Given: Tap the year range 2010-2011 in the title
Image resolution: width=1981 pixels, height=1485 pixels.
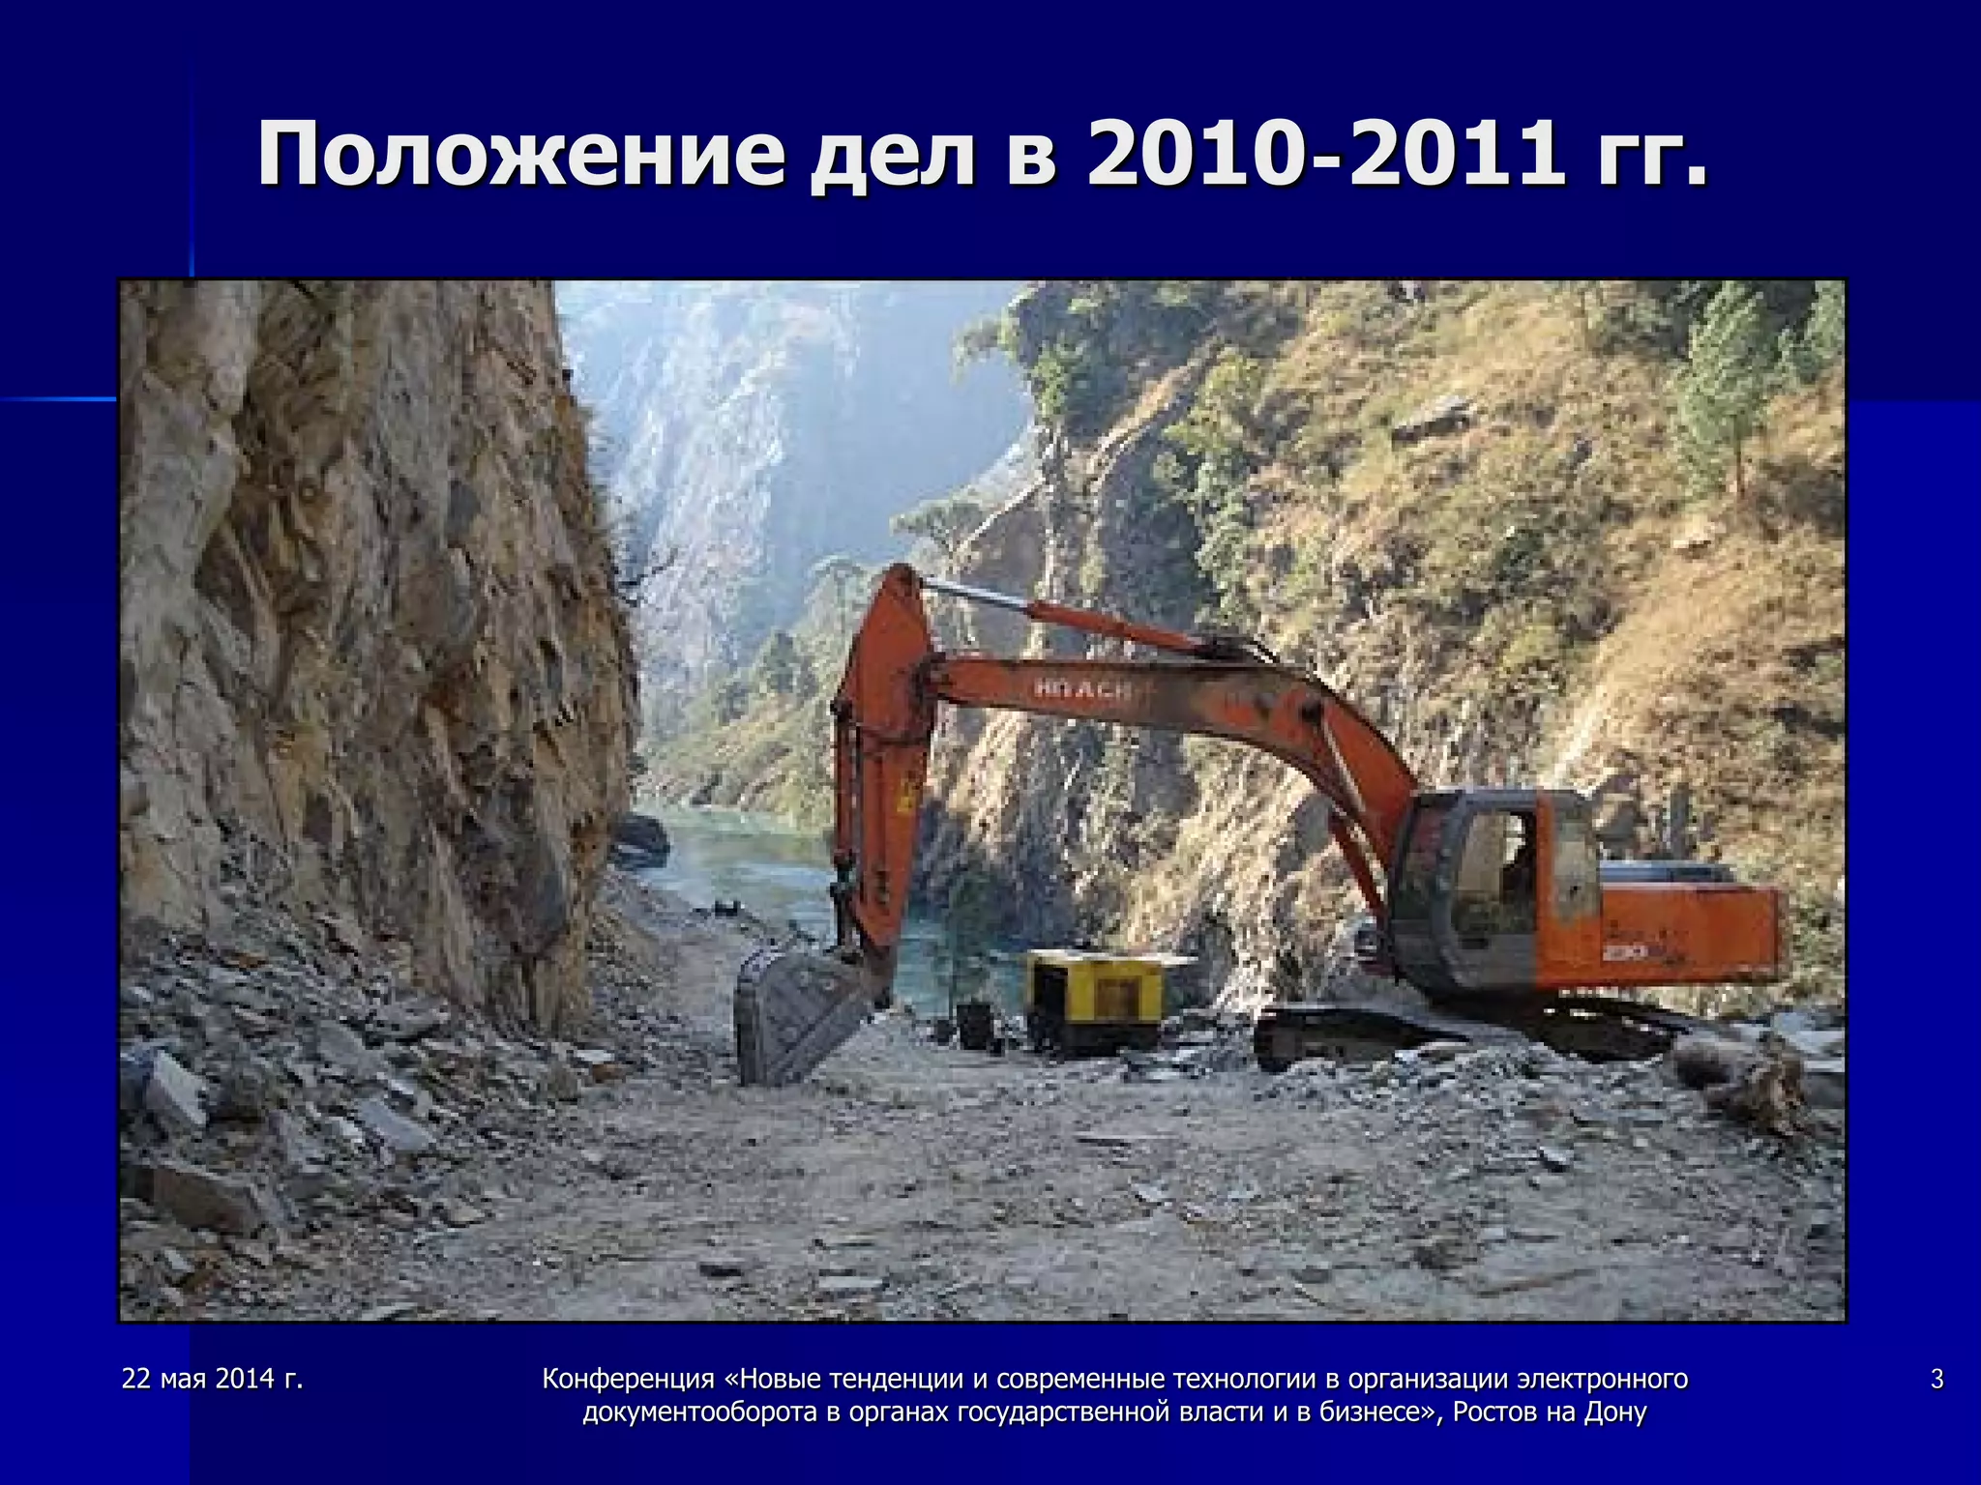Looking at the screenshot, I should [x=1324, y=155].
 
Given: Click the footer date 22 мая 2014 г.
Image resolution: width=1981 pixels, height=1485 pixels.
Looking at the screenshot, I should [x=213, y=1379].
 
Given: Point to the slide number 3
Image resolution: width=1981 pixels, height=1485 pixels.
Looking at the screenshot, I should [x=1937, y=1379].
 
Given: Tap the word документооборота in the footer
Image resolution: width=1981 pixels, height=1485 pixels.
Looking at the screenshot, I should [x=700, y=1412].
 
